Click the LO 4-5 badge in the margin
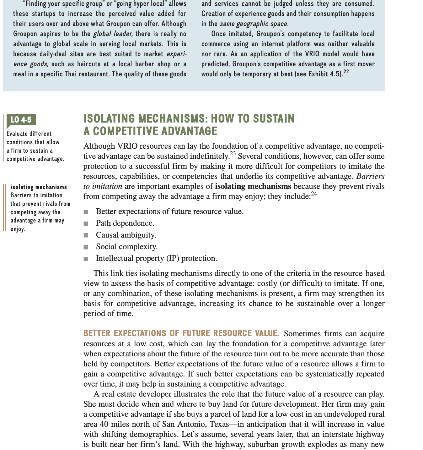pos(21,120)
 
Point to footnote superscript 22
pos(346,72)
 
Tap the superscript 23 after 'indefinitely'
pos(233,153)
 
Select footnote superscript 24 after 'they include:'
pos(314,194)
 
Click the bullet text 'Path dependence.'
pos(125,223)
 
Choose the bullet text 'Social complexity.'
pos(127,247)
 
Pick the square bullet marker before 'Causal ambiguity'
pos(86,235)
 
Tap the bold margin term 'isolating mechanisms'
pos(39,187)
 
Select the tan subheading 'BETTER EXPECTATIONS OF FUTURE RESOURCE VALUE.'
pos(181,333)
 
